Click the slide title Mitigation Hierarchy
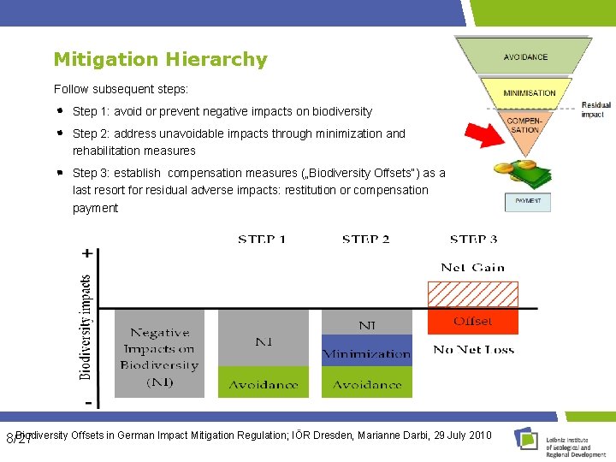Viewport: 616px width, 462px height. click(160, 60)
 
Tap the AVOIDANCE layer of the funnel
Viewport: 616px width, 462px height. click(525, 57)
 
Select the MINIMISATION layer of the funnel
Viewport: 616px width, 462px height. click(529, 92)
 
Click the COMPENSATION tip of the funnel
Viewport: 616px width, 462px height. click(524, 125)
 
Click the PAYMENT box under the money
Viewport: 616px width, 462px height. click(528, 202)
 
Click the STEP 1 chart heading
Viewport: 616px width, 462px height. click(262, 240)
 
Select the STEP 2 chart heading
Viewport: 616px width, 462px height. click(365, 240)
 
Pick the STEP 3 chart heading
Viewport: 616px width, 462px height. click(473, 240)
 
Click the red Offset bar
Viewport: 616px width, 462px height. click(472, 322)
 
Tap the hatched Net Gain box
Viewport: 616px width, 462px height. click(472, 294)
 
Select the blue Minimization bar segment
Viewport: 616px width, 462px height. click(366, 352)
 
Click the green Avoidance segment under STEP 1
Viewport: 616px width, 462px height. click(263, 382)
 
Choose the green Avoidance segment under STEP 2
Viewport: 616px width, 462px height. click(366, 382)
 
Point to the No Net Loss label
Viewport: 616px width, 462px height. click(473, 349)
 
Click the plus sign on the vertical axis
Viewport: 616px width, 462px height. click(87, 253)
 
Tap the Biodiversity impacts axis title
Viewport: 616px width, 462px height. click(86, 327)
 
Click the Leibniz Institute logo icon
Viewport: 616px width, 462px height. click(526, 439)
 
